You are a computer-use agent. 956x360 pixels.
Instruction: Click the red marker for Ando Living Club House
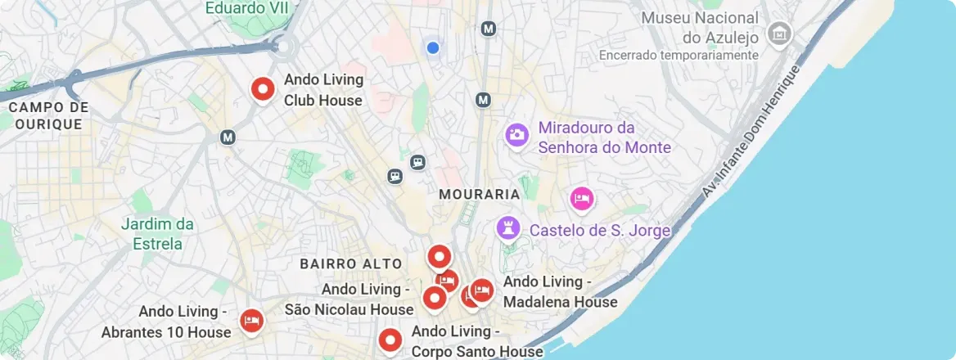262,89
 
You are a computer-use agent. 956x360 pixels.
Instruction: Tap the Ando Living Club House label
323,90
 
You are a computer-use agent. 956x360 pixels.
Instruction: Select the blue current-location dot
433,48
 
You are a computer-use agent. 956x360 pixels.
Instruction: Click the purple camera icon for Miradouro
516,134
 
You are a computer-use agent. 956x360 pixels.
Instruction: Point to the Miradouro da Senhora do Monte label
604,138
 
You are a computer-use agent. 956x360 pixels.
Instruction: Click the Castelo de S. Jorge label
600,231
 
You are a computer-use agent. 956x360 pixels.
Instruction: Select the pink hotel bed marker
582,198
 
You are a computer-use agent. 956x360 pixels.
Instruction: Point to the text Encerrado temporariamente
679,55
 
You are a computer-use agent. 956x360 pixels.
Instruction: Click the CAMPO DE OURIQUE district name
48,116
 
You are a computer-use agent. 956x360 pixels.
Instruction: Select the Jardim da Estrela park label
157,233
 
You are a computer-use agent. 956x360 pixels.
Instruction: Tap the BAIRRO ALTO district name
351,264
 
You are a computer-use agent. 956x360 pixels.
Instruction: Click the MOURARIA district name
480,195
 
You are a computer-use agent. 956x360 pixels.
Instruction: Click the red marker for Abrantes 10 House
250,321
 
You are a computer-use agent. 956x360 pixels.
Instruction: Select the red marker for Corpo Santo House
390,340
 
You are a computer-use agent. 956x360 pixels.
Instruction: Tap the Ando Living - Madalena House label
560,292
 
